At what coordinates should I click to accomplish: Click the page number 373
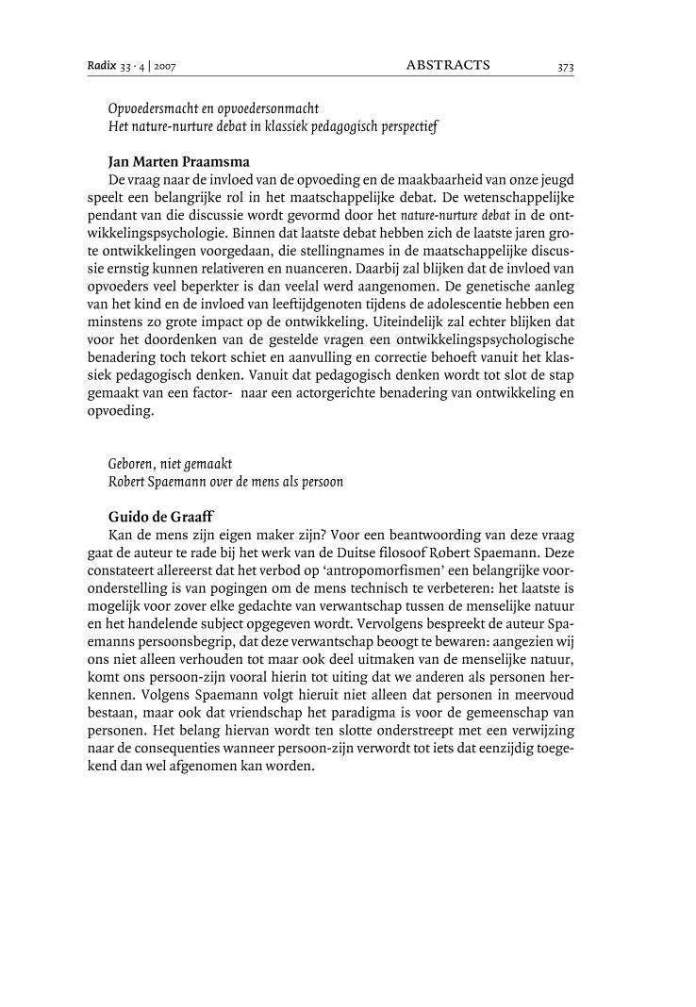[565, 67]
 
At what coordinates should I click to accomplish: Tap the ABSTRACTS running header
[448, 65]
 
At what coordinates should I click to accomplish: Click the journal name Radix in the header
[100, 66]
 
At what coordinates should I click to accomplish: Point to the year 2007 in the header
[165, 67]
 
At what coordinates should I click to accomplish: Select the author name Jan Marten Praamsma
[179, 161]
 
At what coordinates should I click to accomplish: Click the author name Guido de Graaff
[163, 517]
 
